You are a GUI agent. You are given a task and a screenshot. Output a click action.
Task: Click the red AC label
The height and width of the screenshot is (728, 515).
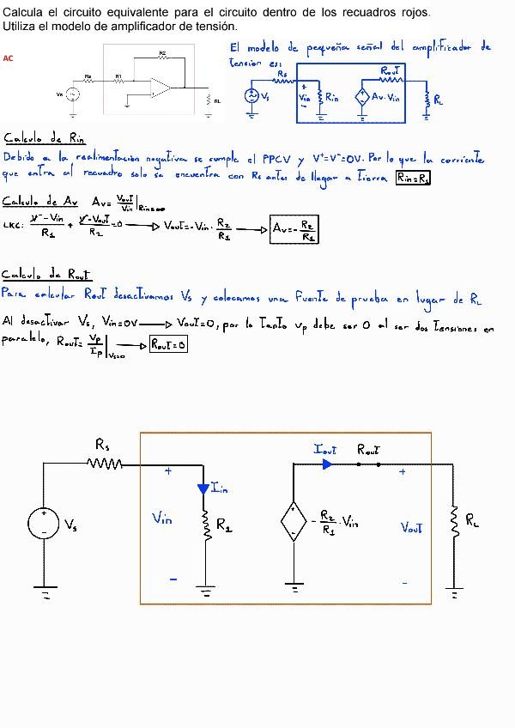tap(8, 58)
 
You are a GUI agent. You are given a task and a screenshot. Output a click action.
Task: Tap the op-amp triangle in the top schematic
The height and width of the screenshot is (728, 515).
tap(159, 85)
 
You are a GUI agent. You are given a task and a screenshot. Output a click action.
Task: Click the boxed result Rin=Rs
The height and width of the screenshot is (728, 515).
tap(413, 178)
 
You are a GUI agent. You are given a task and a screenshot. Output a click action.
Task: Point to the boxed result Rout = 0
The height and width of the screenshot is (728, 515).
tap(168, 344)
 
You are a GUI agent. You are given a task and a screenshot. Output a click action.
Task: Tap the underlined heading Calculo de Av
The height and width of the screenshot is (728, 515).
tap(40, 201)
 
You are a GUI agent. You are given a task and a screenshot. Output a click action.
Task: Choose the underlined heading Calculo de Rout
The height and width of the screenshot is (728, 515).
tap(46, 275)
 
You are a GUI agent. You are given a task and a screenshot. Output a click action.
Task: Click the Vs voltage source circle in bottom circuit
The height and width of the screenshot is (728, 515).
tap(44, 523)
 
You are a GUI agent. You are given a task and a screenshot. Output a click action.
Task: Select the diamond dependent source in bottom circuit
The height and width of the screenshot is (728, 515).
tap(294, 521)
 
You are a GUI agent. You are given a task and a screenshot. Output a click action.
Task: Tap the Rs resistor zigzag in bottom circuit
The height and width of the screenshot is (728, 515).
tap(105, 464)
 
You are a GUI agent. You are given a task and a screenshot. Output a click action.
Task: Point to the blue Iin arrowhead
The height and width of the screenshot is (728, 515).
tap(203, 489)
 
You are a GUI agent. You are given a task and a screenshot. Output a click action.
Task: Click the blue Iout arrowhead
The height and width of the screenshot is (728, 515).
tap(327, 464)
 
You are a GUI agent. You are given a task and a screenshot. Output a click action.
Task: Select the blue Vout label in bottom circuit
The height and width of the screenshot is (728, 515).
tap(411, 528)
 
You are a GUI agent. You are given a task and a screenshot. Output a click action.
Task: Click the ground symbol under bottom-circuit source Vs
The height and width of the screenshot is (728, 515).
tap(44, 591)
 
